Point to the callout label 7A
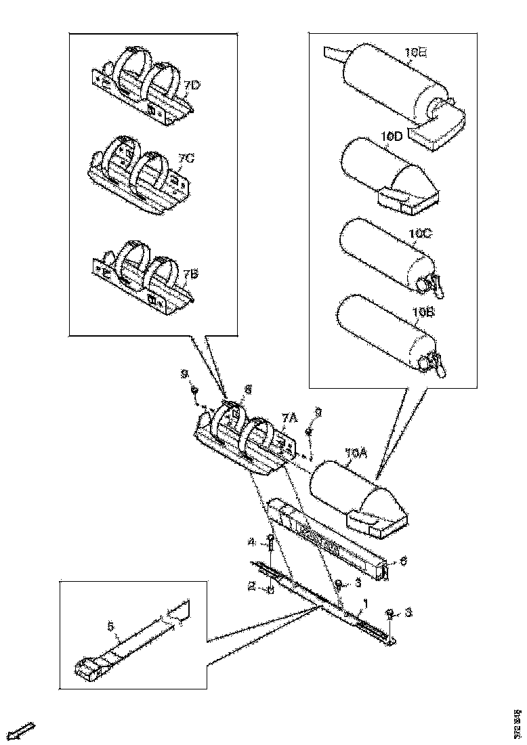click(x=290, y=420)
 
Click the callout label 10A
click(x=355, y=452)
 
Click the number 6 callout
click(x=404, y=561)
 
